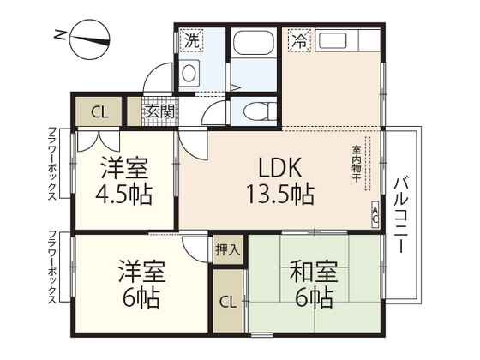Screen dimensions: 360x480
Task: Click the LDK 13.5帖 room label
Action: pos(281,180)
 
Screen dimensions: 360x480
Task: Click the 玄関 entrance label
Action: pos(159,111)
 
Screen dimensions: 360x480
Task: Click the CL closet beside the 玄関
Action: pos(99,111)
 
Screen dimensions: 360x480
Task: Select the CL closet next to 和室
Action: pos(228,302)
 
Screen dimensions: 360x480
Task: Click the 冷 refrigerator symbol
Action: pos(298,39)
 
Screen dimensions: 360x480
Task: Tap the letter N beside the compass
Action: pos(57,35)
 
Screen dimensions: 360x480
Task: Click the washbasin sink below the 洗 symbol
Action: pos(189,73)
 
